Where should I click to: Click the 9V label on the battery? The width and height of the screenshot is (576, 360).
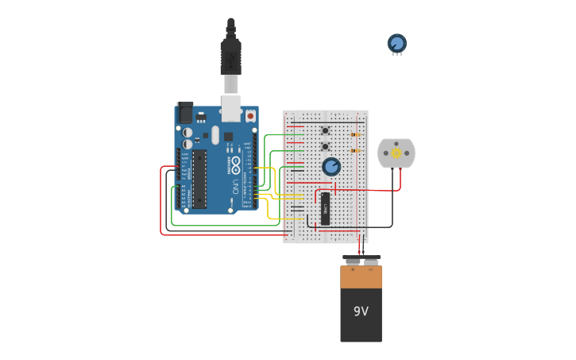[361, 312]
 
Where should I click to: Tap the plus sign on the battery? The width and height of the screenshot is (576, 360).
[353, 269]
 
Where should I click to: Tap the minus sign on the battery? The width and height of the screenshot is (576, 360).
[370, 269]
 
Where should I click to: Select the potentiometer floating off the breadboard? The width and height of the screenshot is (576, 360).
[396, 44]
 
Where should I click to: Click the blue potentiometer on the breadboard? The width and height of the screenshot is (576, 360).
[331, 166]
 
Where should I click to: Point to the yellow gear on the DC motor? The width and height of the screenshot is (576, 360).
[396, 153]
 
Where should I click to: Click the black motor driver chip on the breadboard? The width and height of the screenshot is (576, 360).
[325, 208]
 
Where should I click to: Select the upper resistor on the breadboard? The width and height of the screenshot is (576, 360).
[354, 134]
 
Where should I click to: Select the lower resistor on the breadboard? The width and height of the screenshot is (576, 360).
[354, 150]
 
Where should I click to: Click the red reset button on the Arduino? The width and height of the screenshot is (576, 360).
[250, 116]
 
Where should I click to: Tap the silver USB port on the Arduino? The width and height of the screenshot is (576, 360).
[231, 108]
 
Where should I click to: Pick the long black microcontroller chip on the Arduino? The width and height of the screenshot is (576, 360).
[199, 179]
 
